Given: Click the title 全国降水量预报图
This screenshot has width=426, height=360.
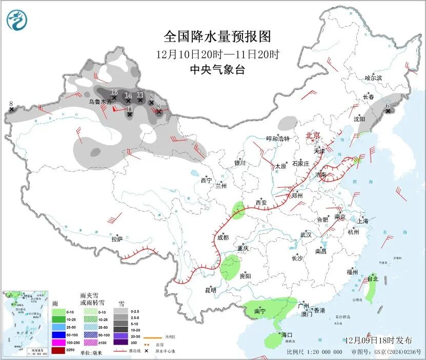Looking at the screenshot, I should (x=217, y=36).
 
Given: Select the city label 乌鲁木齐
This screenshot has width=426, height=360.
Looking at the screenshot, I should (x=99, y=102).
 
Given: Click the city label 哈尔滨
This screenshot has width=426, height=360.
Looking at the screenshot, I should (x=373, y=78).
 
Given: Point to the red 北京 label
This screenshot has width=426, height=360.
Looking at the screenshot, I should (x=313, y=135).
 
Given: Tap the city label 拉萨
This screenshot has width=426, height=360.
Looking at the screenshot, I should (x=117, y=239).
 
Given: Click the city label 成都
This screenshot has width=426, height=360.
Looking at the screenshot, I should (x=222, y=237).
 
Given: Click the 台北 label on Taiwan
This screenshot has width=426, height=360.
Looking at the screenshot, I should (x=372, y=279).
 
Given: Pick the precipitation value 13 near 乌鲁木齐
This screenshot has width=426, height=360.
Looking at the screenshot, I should (x=114, y=92).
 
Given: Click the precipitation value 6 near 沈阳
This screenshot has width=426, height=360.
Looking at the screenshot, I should (x=388, y=105).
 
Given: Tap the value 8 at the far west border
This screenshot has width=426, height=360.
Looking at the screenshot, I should (x=11, y=104).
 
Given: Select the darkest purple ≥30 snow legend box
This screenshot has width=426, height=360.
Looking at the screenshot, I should (x=119, y=343).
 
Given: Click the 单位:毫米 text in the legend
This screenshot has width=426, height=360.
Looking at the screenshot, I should (x=92, y=353).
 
